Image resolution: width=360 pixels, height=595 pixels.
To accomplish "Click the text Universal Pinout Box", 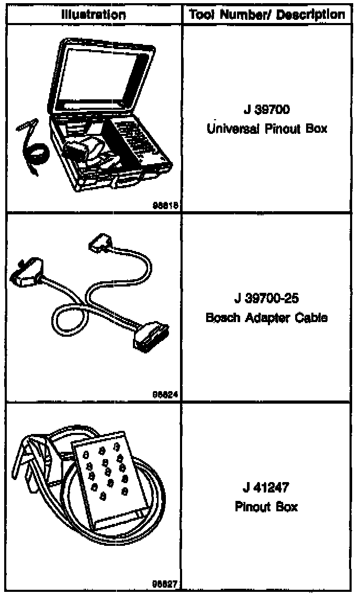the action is coord(267,128).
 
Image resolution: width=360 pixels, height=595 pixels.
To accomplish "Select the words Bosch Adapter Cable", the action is coord(267,317).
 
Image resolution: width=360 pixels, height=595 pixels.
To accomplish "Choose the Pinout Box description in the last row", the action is coord(267,507).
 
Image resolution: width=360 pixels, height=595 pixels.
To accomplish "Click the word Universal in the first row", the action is coord(228,128).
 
